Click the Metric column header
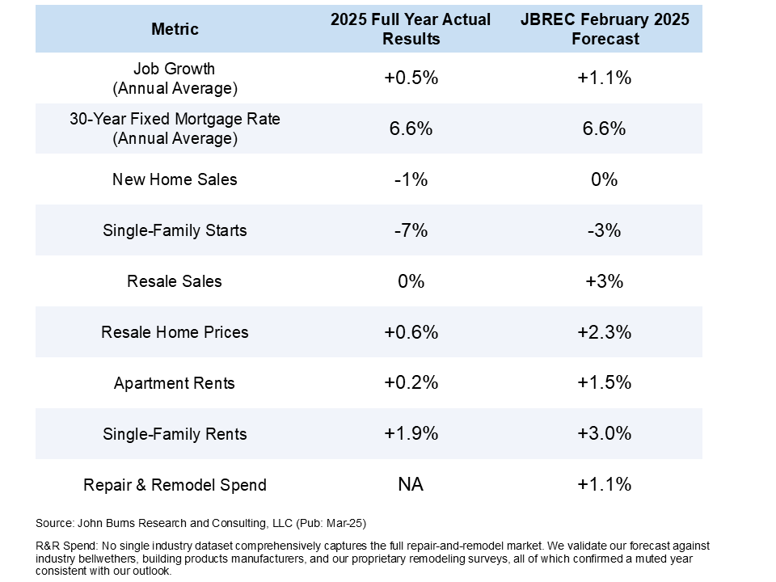click(x=175, y=30)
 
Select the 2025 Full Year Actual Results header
click(x=411, y=29)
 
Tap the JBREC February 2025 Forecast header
click(x=604, y=29)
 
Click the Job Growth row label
click(x=175, y=78)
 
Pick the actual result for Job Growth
click(x=411, y=78)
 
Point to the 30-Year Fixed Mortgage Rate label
click(x=175, y=129)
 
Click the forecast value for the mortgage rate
click(x=604, y=129)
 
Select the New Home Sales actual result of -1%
click(x=411, y=179)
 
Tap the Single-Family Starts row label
click(x=175, y=230)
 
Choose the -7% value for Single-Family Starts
click(x=411, y=230)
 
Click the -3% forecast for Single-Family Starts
click(x=604, y=230)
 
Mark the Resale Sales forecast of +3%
click(x=604, y=281)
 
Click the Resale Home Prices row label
click(x=175, y=332)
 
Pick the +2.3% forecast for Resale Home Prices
click(x=604, y=332)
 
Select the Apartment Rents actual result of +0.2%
click(x=411, y=383)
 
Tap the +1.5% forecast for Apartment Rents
click(x=604, y=383)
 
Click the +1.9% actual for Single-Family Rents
click(x=411, y=434)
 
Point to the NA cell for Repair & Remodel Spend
click(x=411, y=485)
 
